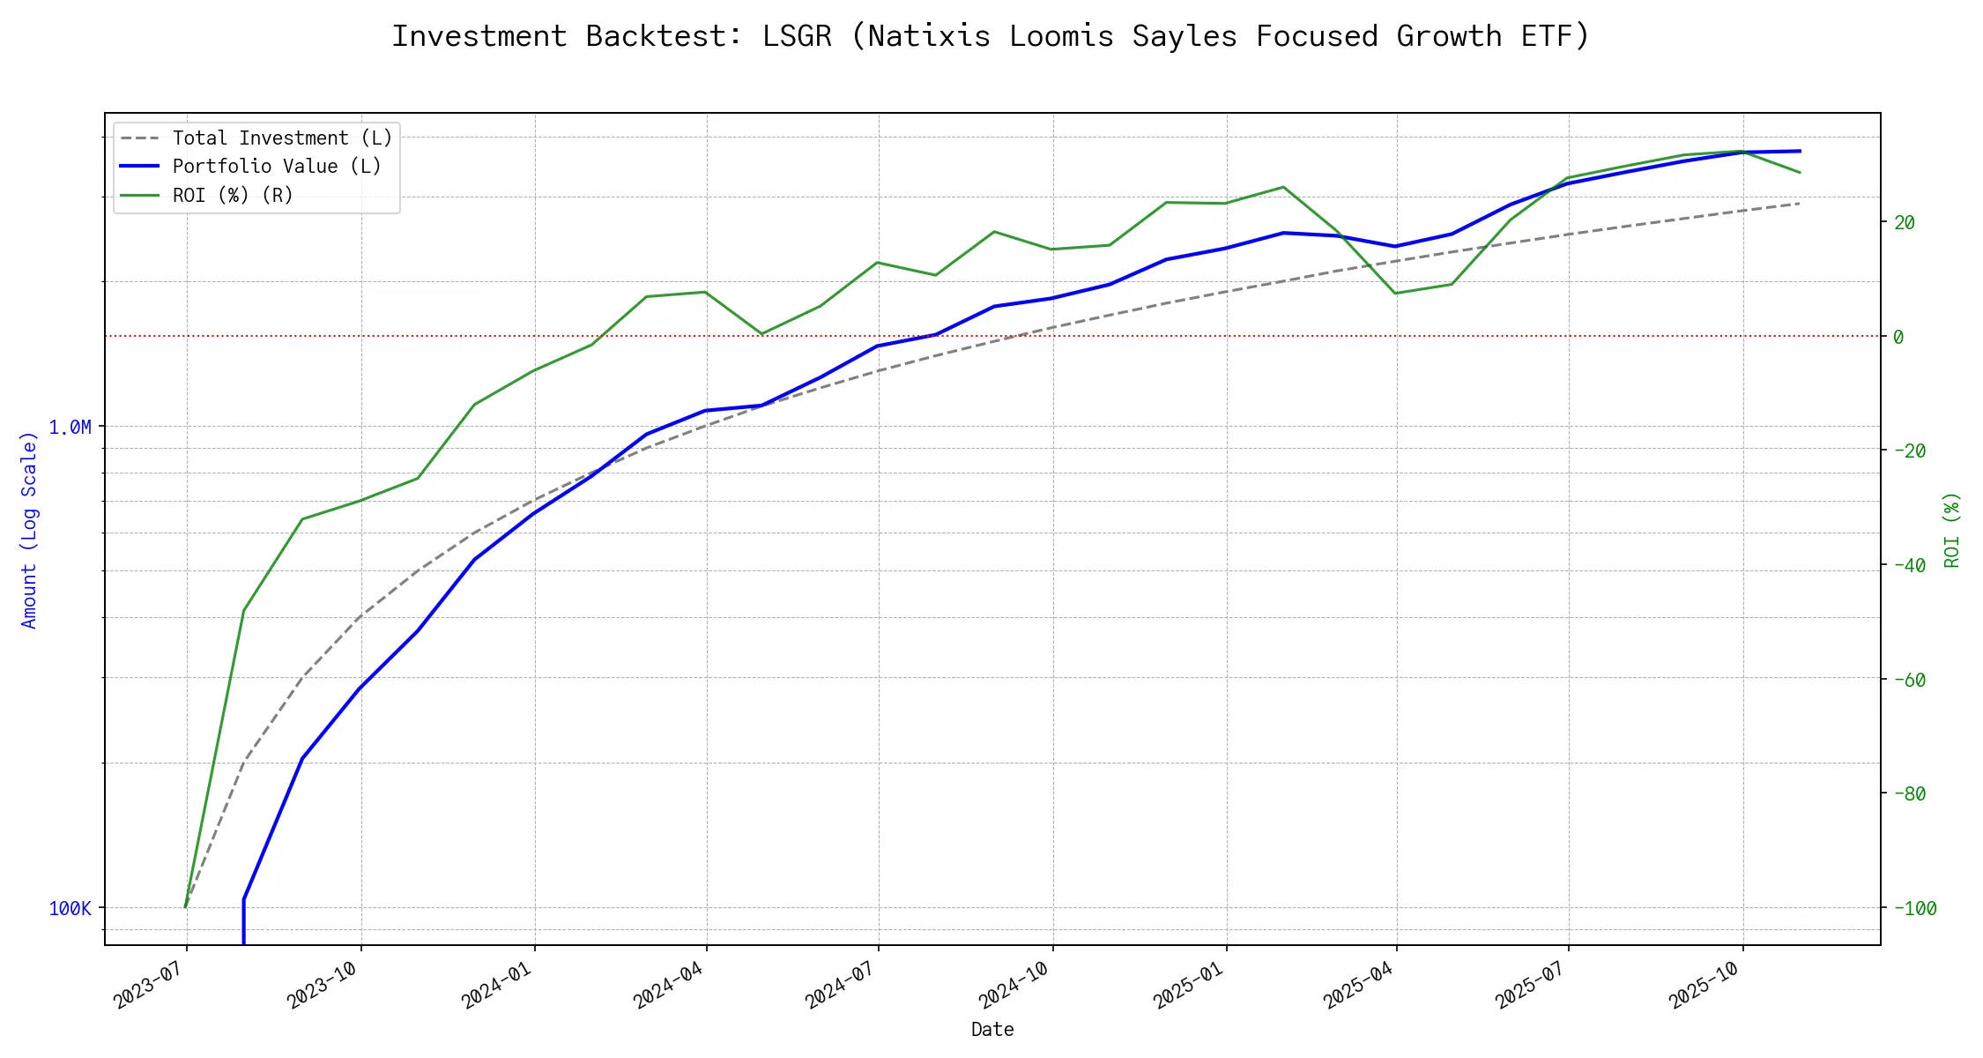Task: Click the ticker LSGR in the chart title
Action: (797, 36)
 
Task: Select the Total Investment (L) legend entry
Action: (282, 138)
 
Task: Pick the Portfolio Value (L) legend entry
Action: (277, 167)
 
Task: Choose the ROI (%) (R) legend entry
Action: (233, 195)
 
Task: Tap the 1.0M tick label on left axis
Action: (70, 428)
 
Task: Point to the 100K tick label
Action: (70, 908)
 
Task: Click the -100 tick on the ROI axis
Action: (1914, 908)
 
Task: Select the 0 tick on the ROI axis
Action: (1898, 337)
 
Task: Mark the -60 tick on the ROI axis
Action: (1909, 680)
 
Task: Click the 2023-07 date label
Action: (148, 983)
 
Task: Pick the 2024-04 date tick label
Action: (668, 983)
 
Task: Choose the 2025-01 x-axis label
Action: (1188, 983)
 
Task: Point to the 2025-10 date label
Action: (1704, 983)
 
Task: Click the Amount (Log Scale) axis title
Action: (29, 529)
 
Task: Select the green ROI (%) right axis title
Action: (1951, 529)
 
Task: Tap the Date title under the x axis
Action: (992, 1029)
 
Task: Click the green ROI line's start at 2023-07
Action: (185, 906)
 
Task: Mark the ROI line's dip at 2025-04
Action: (1395, 293)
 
